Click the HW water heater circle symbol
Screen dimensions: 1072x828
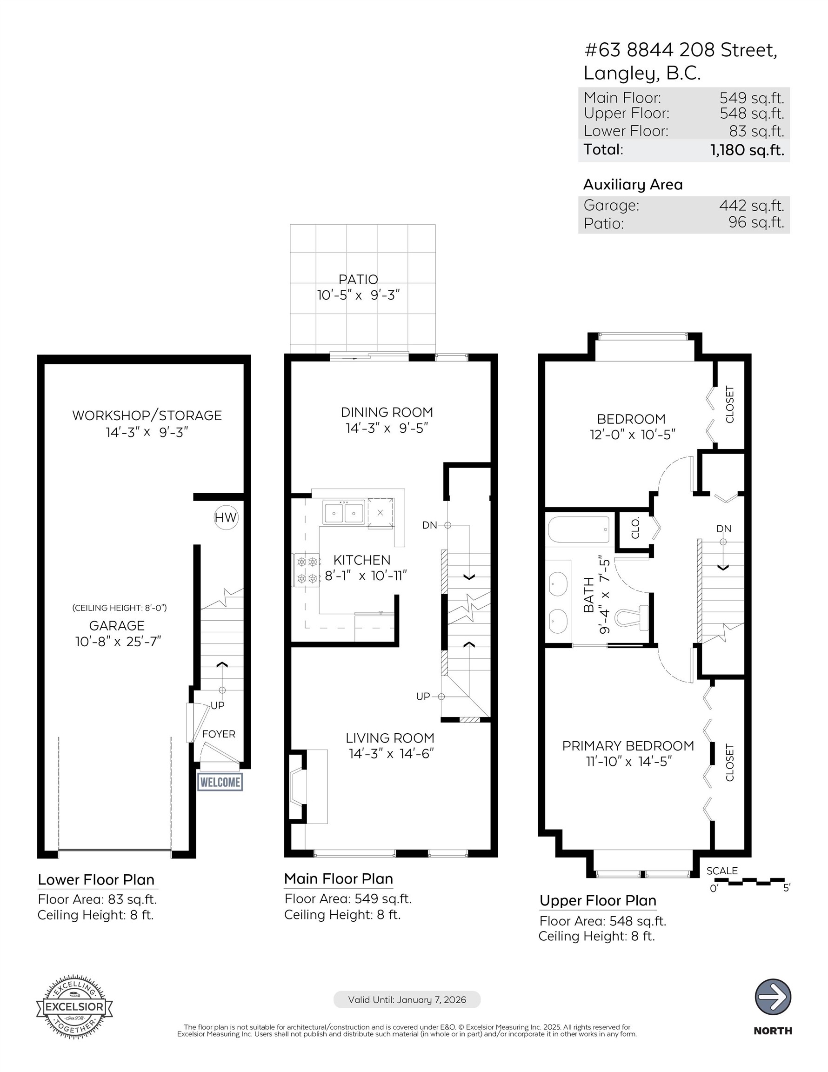point(226,517)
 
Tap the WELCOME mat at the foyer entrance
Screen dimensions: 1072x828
point(220,782)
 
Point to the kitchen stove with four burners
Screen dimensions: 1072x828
point(307,570)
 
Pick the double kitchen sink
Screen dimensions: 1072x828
point(344,513)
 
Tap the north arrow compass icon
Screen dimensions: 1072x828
point(773,997)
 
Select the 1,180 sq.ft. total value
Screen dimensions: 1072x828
point(747,150)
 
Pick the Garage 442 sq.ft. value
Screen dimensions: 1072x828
point(751,205)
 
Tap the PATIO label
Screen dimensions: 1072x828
point(358,279)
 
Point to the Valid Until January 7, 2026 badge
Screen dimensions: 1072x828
point(407,1000)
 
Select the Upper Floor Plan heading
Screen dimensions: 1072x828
point(598,901)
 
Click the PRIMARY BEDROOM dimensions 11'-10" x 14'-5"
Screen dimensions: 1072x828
point(628,761)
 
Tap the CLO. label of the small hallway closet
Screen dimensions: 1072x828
point(635,528)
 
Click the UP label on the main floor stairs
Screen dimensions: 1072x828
point(422,696)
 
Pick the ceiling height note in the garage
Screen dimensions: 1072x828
point(119,608)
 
